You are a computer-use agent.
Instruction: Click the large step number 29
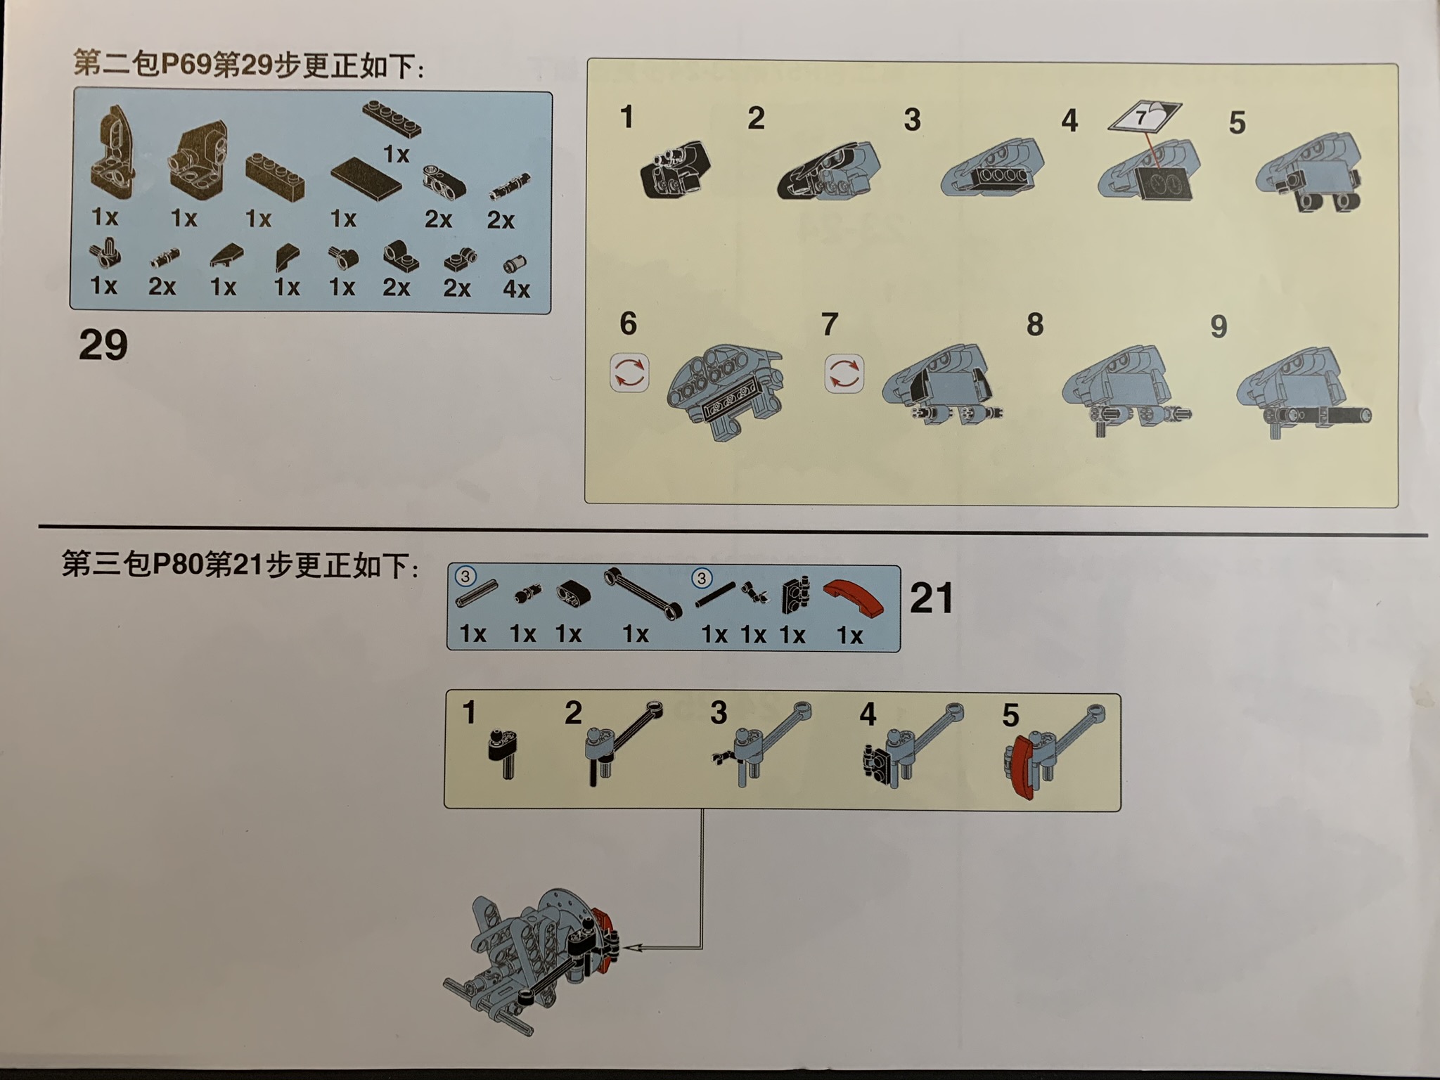[103, 345]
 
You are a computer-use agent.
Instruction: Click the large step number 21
[932, 598]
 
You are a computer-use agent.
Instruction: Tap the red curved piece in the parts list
[853, 598]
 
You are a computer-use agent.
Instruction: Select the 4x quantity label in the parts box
[516, 288]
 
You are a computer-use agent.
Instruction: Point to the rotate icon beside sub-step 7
[844, 373]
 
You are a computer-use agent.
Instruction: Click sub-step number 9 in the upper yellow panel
[1219, 326]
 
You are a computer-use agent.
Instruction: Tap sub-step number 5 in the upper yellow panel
[1237, 122]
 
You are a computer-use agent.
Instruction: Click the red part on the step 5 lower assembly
[1020, 766]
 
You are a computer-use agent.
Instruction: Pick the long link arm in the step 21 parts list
[643, 593]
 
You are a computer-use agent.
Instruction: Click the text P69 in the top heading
[187, 65]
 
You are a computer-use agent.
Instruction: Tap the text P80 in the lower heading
[178, 564]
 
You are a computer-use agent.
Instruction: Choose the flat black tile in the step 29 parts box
[366, 179]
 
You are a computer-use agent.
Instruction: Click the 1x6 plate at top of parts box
[392, 118]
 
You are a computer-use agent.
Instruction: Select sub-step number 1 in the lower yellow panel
[469, 713]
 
